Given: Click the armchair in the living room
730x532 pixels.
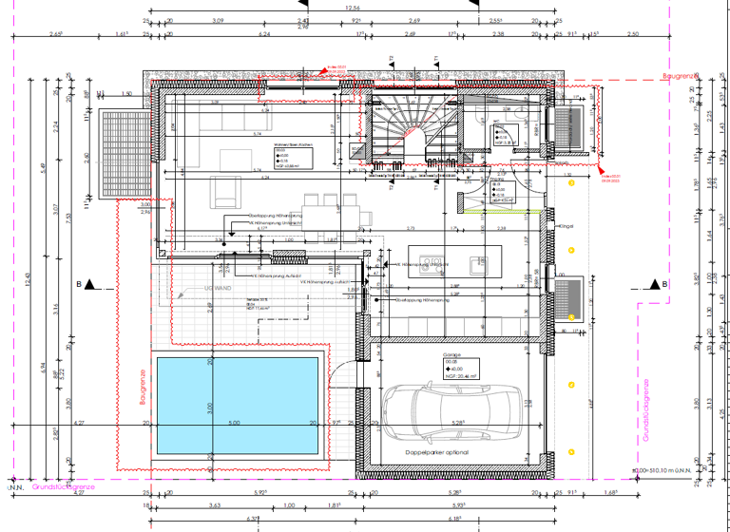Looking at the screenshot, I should (225, 194).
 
